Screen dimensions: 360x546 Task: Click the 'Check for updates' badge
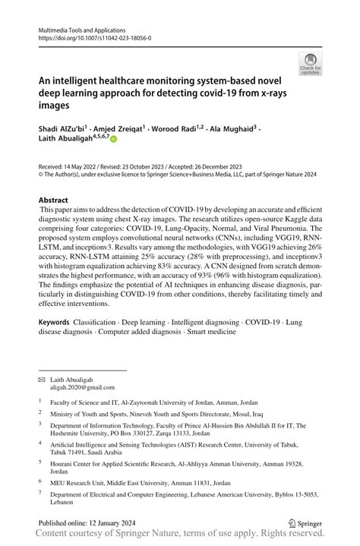click(311, 63)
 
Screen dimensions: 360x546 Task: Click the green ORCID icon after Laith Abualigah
click(114, 140)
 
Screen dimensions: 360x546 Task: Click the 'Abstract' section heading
click(53, 201)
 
